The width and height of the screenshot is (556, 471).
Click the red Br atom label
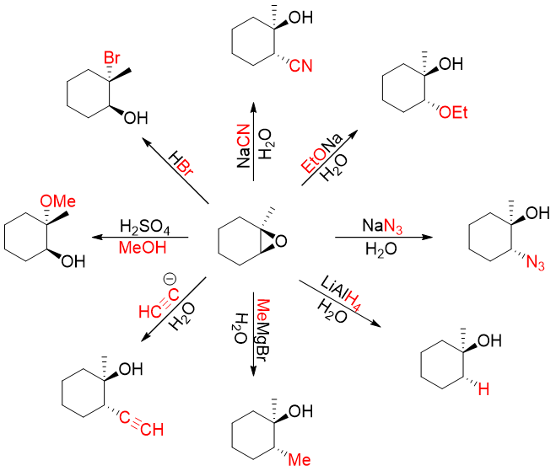(x=112, y=58)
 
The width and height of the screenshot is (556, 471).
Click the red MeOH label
(x=143, y=248)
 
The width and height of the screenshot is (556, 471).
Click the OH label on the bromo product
(x=135, y=119)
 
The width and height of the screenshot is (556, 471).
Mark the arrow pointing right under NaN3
(x=384, y=238)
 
